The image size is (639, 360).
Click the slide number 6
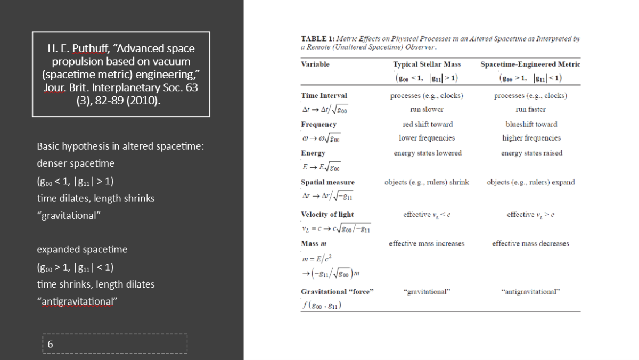coord(50,344)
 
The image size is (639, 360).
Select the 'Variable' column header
coord(315,64)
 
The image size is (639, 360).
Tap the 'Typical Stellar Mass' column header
coord(427,64)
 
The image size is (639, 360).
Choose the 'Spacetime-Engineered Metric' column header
coord(530,64)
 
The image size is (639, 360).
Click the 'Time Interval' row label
coord(324,96)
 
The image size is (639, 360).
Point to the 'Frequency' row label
coord(318,125)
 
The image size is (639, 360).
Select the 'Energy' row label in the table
coord(313,153)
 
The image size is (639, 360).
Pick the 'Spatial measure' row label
coord(327,182)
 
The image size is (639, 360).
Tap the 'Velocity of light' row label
coord(327,215)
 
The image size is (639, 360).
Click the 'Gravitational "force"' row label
coord(338,292)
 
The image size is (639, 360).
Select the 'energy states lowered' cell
coord(428,153)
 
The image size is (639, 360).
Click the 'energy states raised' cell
coord(531,153)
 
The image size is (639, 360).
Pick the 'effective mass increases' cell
coord(427,243)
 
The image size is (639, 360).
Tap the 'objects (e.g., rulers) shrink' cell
coord(427,182)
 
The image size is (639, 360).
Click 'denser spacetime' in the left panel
coord(76,163)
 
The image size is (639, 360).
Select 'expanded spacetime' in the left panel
coord(82,249)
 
